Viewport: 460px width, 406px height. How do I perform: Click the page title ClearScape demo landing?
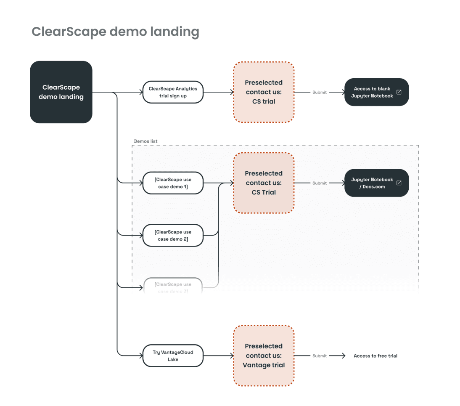[115, 32]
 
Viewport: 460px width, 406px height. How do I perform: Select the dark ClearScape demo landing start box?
[61, 92]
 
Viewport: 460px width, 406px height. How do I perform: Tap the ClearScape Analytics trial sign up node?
[173, 92]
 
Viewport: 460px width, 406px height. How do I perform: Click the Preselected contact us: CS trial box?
[264, 92]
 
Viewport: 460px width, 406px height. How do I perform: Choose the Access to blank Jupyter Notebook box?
[376, 92]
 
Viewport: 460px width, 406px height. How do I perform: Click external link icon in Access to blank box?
[399, 92]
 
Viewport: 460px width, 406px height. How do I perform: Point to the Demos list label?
[145, 141]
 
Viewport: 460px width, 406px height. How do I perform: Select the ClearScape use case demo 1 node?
[173, 183]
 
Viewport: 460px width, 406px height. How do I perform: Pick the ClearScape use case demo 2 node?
[173, 236]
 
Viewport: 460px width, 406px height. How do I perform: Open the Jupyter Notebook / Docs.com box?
[376, 183]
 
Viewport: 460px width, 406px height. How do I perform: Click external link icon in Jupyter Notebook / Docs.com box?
[399, 183]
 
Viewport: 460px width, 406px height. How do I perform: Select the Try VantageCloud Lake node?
[173, 356]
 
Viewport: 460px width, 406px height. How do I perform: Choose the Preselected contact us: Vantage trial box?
[264, 356]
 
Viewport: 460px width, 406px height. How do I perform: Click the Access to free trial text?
[375, 356]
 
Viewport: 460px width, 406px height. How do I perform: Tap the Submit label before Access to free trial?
[320, 356]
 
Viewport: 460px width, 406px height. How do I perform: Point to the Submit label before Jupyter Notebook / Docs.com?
[320, 183]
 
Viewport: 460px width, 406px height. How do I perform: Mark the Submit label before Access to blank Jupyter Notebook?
[320, 92]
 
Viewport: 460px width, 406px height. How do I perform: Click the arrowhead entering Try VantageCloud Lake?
[140, 356]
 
